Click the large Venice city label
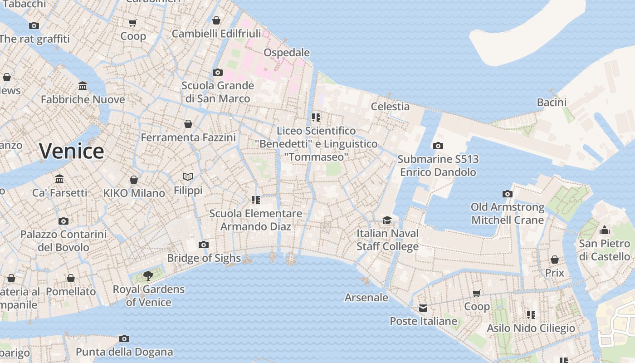click(x=72, y=151)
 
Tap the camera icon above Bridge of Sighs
click(x=204, y=245)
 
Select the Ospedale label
click(x=287, y=53)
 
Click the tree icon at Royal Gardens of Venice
click(x=148, y=275)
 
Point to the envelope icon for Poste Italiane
click(x=423, y=308)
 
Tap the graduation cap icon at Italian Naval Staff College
click(x=387, y=221)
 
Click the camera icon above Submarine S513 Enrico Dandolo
click(x=438, y=146)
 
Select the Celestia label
click(x=390, y=107)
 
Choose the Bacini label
click(x=552, y=103)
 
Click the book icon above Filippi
click(x=188, y=177)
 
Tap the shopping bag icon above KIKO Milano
click(x=134, y=180)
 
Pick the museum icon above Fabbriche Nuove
click(x=83, y=86)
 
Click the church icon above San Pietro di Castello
click(x=604, y=231)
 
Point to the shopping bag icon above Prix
click(x=554, y=260)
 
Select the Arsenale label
click(x=366, y=298)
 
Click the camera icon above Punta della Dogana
click(x=124, y=339)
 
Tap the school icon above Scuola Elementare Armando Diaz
click(x=255, y=200)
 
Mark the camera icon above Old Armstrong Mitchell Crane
click(x=508, y=194)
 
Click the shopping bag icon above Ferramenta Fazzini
click(x=188, y=124)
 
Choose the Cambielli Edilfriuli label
click(x=216, y=34)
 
